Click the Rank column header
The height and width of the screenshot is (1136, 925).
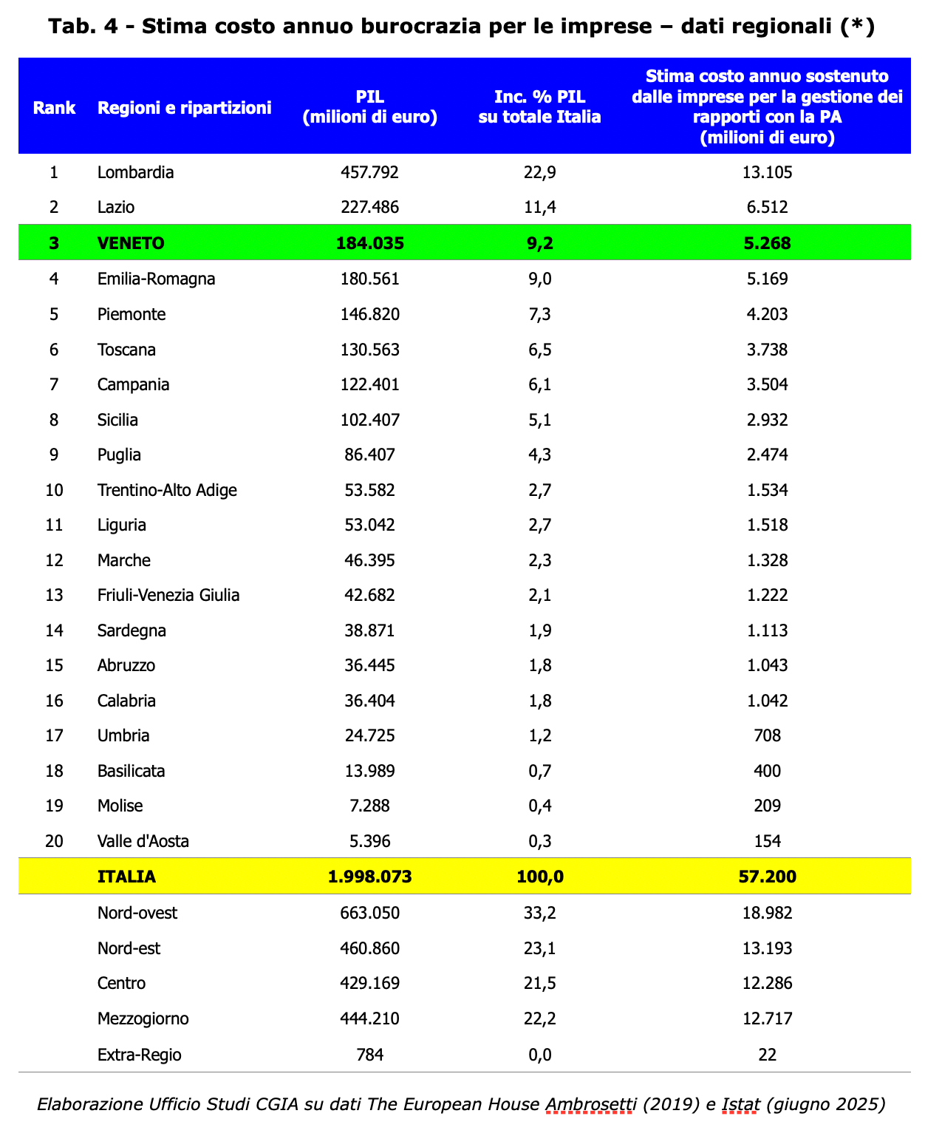click(x=54, y=108)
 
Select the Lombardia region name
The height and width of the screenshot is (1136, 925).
click(x=135, y=173)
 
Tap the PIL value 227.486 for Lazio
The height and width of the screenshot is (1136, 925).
click(x=369, y=207)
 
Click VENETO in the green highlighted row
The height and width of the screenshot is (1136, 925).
click(x=131, y=243)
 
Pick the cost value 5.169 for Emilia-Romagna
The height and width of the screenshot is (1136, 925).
click(x=767, y=279)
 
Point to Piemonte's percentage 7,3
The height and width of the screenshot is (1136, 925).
click(x=539, y=315)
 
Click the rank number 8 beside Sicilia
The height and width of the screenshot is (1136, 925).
click(x=53, y=421)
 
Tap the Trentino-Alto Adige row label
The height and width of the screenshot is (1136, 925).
click(x=167, y=490)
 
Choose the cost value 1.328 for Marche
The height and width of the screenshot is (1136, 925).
click(x=767, y=560)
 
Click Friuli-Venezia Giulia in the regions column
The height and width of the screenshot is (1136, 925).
click(x=168, y=596)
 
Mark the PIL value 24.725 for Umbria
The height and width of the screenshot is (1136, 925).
click(x=369, y=736)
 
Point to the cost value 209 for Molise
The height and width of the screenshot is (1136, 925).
click(x=767, y=806)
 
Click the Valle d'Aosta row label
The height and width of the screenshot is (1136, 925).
click(x=143, y=841)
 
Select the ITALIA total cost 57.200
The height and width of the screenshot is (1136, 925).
click(x=767, y=877)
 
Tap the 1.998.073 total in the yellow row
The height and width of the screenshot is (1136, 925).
click(x=369, y=877)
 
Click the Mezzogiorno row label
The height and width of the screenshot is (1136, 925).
click(x=143, y=1019)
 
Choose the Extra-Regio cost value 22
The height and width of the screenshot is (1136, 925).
click(x=767, y=1055)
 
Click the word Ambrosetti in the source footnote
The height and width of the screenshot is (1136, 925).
click(x=591, y=1105)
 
